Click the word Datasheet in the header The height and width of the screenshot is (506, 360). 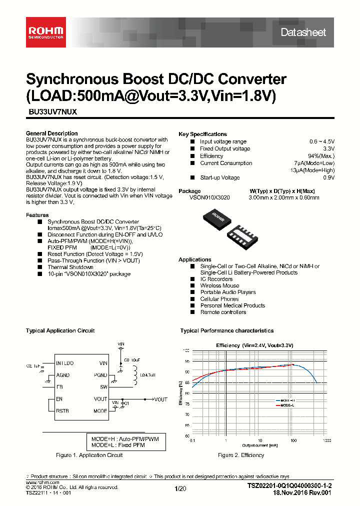click(303, 32)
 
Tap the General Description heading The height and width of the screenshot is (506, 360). click(51, 133)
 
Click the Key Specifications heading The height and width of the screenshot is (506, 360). click(202, 134)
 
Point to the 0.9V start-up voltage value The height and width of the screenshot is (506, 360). click(328, 177)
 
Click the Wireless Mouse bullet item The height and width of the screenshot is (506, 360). click(219, 286)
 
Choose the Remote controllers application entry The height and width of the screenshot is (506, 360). click(223, 312)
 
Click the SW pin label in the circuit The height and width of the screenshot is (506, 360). click(103, 387)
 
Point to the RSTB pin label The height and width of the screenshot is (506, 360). click(62, 411)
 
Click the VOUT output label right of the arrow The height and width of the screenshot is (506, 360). click(160, 399)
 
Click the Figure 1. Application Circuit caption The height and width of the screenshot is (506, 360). click(89, 455)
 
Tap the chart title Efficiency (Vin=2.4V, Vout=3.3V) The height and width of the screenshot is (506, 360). click(254, 345)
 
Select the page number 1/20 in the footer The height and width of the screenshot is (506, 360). click(179, 488)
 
